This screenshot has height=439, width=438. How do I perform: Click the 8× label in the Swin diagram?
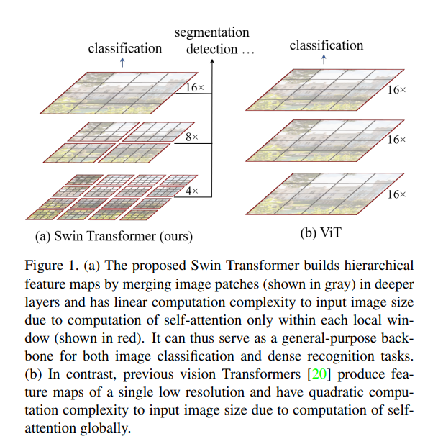[191, 136]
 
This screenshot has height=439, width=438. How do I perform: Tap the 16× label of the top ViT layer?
[397, 91]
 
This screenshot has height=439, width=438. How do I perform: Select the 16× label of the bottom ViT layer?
[397, 195]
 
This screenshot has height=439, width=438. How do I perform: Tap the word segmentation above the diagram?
[213, 32]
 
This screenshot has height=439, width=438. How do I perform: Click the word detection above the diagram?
[211, 49]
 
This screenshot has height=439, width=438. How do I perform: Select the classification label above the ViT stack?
[327, 45]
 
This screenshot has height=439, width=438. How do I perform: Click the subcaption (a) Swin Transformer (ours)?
[114, 235]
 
